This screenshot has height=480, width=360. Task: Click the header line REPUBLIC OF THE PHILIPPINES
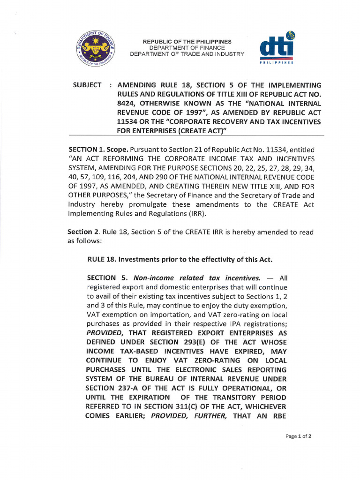coord(187,42)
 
